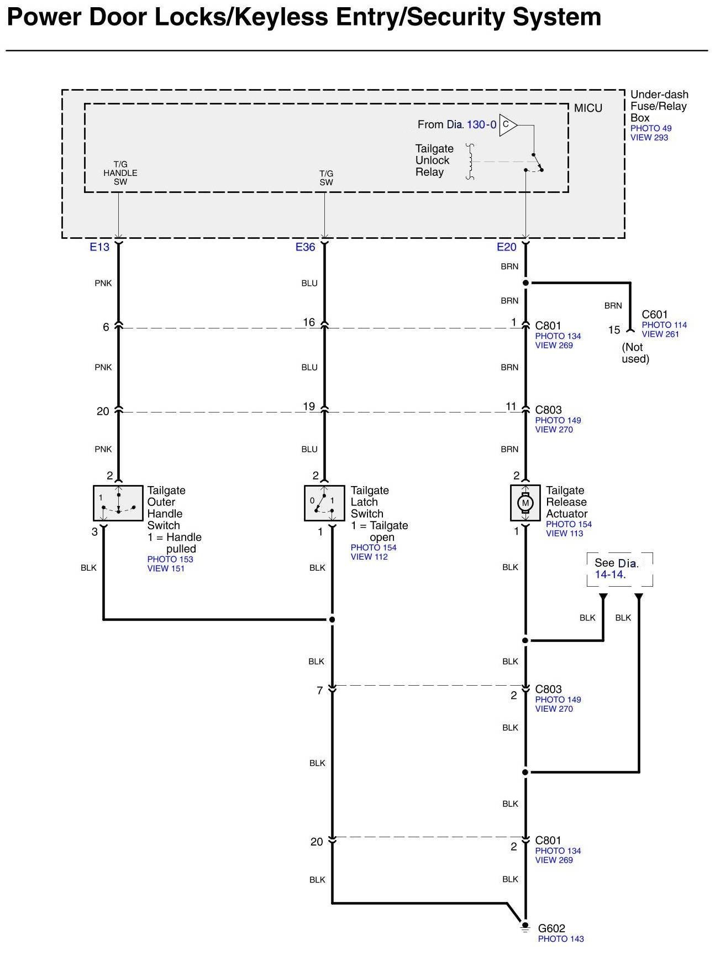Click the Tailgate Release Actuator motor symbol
pos(525,503)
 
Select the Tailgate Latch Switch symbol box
pos(324,503)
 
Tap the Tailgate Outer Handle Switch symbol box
pos(118,503)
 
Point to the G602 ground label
pos(551,928)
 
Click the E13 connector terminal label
pos(99,247)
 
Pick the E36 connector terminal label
pos(305,247)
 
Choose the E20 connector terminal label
pos(506,247)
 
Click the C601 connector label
pos(655,315)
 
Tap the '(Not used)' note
pos(635,353)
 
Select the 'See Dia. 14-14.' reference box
pos(619,569)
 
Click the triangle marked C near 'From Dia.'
pos(507,125)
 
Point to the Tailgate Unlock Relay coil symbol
pos(470,161)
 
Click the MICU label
pos(588,108)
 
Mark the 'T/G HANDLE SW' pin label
pos(120,173)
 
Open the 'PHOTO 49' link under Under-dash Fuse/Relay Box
pos(651,128)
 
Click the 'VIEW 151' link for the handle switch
pos(166,568)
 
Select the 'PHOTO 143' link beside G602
pos(561,939)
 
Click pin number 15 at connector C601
pos(614,330)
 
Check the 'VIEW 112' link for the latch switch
pos(369,557)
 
